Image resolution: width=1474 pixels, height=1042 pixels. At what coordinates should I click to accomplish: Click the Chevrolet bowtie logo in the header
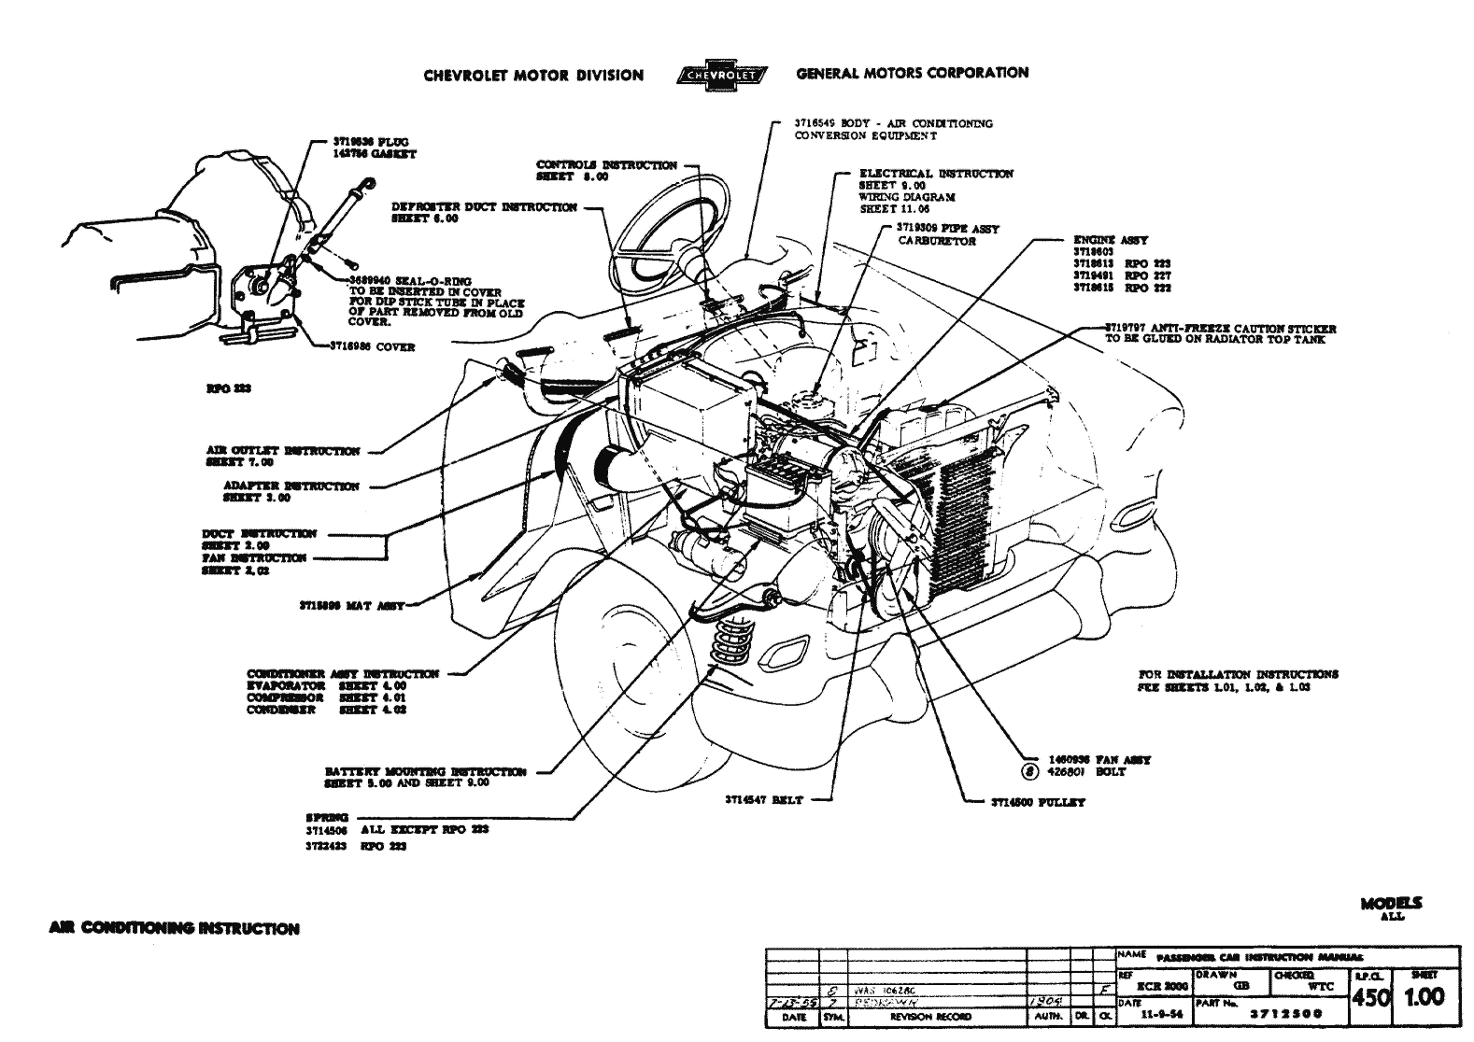click(x=720, y=76)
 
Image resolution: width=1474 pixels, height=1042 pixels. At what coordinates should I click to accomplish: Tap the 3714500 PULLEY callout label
click(x=1038, y=802)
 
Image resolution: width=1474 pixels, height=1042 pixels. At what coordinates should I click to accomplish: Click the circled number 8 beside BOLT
click(x=1030, y=772)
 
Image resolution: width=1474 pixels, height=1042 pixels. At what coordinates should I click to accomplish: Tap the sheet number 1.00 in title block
click(x=1424, y=996)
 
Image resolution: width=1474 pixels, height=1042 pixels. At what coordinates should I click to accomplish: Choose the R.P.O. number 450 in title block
click(x=1370, y=997)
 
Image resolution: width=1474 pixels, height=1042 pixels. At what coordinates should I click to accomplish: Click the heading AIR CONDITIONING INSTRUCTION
click(x=174, y=929)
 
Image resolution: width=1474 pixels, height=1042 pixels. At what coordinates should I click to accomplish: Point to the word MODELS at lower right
click(x=1391, y=904)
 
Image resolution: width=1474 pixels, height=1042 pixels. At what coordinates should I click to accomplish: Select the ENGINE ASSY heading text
click(x=1111, y=240)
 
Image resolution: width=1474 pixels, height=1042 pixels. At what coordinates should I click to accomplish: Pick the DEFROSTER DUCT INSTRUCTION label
click(x=484, y=207)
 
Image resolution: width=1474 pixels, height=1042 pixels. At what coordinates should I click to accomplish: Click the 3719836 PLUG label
click(x=371, y=142)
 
